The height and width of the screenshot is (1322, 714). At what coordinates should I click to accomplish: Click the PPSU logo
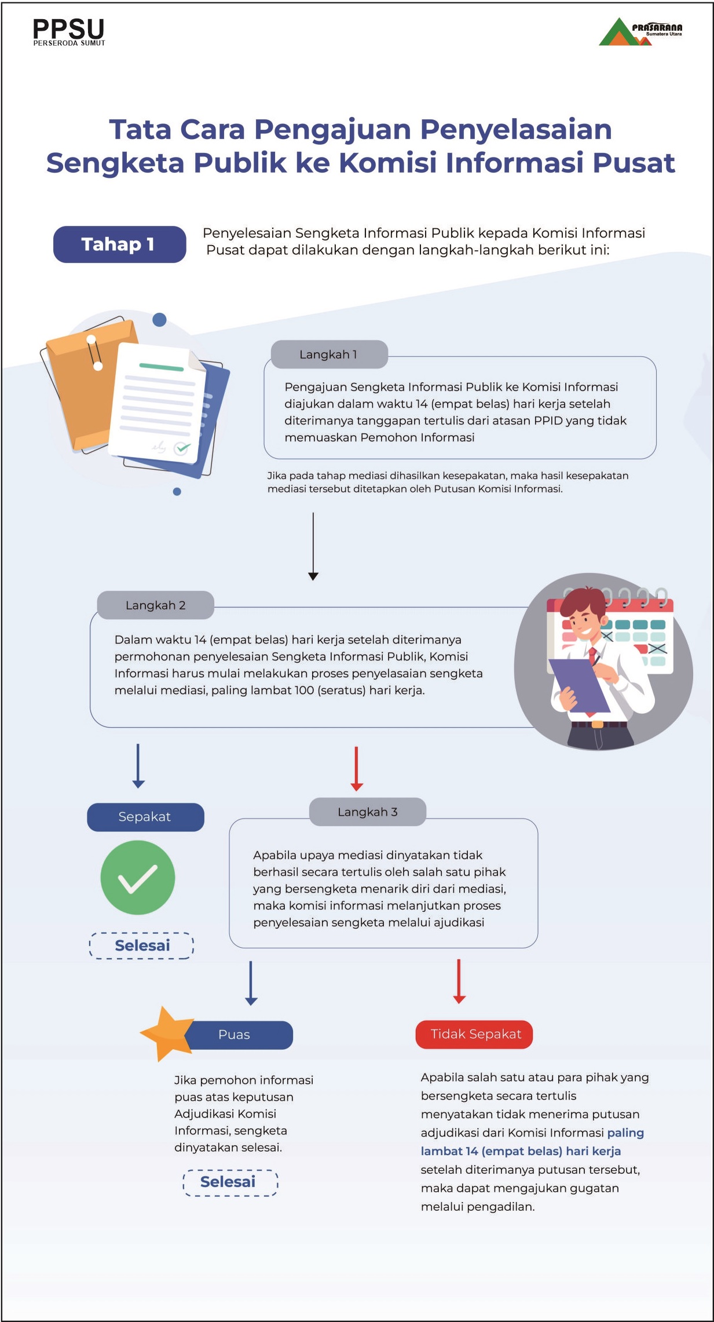point(69,32)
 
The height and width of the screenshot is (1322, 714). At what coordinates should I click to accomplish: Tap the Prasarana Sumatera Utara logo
point(640,32)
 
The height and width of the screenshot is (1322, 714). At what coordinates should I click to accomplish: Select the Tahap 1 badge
point(120,244)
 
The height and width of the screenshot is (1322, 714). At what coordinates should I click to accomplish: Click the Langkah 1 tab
point(329,355)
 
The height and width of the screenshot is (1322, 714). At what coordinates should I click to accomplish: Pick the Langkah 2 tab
point(155,605)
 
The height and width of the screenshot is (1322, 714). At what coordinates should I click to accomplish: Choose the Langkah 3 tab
point(368,812)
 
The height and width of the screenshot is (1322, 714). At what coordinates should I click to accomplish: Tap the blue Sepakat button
point(145,817)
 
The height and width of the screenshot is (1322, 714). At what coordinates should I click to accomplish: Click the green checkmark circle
point(138,878)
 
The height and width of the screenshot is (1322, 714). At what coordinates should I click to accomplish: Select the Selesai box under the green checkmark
point(142,945)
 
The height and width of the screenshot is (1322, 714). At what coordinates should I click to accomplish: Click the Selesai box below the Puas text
point(230,1182)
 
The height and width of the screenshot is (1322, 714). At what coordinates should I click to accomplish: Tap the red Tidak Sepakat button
point(474,1034)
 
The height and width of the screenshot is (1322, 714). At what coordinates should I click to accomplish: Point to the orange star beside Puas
point(166,1034)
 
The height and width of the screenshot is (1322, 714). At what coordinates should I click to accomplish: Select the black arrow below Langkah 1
point(313,546)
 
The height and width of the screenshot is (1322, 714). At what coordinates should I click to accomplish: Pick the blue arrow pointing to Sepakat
point(138,766)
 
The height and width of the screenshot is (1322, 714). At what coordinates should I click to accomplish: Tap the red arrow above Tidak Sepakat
point(459,981)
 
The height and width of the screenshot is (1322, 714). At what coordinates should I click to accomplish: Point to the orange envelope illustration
point(87,385)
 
